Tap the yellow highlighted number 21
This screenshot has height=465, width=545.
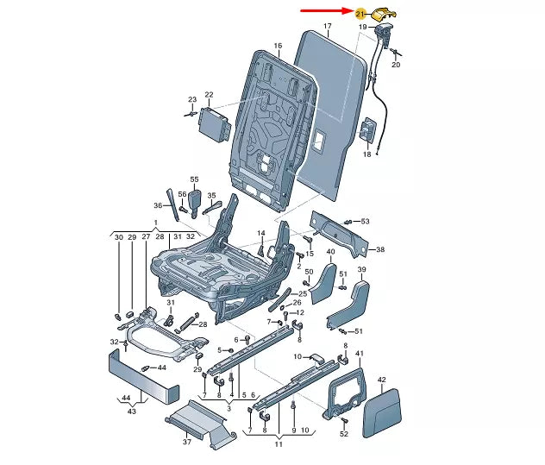click(360, 13)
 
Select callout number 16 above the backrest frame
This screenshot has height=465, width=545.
click(279, 45)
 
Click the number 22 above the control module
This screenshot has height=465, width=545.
click(208, 94)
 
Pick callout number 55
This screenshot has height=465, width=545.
click(194, 179)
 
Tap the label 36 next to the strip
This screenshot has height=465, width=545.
click(158, 204)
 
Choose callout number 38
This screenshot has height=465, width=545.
click(380, 249)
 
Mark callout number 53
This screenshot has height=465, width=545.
click(364, 222)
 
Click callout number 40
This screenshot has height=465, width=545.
click(330, 252)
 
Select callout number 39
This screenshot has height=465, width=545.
click(362, 271)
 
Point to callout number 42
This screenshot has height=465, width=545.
click(382, 380)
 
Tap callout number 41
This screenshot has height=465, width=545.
click(360, 354)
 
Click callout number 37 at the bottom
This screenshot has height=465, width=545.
click(188, 442)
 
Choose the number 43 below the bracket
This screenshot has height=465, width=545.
click(133, 411)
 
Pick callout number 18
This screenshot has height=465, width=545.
click(366, 154)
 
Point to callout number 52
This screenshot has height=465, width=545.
click(344, 433)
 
